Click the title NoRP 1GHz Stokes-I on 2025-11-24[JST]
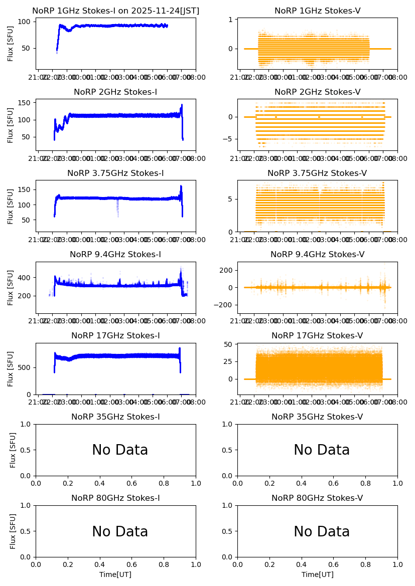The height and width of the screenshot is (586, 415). (115, 11)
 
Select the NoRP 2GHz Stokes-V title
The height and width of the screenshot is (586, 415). (317, 92)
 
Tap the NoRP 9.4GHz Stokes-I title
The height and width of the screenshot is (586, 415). (115, 255)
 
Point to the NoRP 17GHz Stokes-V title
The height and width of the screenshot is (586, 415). (317, 336)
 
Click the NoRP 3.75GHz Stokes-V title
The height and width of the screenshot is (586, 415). (317, 173)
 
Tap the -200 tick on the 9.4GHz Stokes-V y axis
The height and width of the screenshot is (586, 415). (227, 305)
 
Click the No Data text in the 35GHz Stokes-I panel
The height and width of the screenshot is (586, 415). (120, 450)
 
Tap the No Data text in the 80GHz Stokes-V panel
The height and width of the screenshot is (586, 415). (322, 532)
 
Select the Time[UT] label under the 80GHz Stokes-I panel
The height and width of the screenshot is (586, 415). (115, 574)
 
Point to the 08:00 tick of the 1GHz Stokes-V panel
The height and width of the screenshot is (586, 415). (390, 78)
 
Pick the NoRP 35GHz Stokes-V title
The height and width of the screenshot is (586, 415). (317, 417)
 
